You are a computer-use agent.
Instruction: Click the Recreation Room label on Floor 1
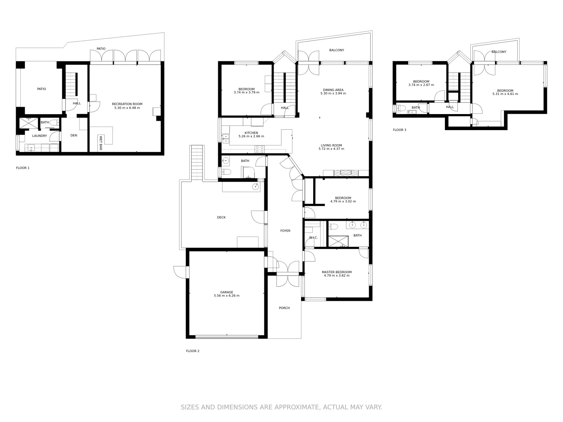[127, 104]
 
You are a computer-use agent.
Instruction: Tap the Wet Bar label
[100, 143]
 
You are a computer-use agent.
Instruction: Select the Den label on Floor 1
[74, 136]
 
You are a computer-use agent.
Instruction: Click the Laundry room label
[39, 136]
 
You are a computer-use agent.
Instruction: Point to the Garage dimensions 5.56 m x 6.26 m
[226, 296]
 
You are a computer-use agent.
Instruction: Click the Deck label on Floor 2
[221, 218]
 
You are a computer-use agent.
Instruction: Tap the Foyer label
[285, 231]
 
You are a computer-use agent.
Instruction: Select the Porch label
[284, 308]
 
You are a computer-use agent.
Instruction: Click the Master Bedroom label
[337, 272]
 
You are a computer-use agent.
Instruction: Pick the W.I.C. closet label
[313, 238]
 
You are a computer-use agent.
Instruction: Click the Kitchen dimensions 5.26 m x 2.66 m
[251, 136]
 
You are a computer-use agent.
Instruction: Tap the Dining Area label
[333, 90]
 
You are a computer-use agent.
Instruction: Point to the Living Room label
[331, 145]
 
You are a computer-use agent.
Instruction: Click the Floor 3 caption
[400, 130]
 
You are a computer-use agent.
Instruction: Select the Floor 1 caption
[23, 168]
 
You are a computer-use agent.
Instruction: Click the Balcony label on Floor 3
[499, 52]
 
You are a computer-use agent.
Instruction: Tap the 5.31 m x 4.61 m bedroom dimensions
[505, 94]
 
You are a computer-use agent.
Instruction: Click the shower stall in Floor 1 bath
[29, 123]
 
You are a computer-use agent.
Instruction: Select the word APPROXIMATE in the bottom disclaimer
[296, 407]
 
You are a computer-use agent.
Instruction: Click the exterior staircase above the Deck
[197, 163]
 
